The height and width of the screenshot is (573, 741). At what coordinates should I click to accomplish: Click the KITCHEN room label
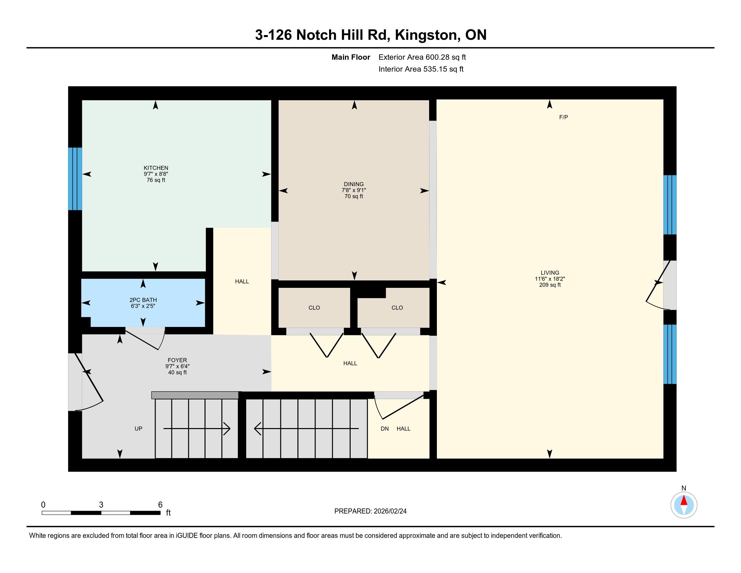pos(156,168)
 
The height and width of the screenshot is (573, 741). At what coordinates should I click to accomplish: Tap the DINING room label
pos(354,184)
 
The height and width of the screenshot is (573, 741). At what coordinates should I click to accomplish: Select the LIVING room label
pos(550,273)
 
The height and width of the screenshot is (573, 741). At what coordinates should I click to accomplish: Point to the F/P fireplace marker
pos(563,117)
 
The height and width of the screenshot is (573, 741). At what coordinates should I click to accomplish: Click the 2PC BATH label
pos(143,300)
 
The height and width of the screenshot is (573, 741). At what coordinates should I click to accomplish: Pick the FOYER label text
pos(177,360)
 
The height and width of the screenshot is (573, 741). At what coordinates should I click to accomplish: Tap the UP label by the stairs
pos(138,428)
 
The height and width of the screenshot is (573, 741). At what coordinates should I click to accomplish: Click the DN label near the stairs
pos(384,428)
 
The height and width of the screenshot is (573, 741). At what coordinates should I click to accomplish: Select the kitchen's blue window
pos(75,179)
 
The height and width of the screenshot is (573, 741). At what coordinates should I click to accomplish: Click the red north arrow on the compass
pos(684,501)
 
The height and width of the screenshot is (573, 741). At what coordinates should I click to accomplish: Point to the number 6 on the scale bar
pos(160,505)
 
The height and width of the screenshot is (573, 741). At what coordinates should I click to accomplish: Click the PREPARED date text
pos(370,511)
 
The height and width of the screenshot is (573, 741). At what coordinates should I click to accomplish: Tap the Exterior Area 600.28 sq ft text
pos(422,57)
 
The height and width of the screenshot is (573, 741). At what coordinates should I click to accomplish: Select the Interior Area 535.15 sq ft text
pos(421,69)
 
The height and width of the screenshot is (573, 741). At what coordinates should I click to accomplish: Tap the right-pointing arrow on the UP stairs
pos(197,428)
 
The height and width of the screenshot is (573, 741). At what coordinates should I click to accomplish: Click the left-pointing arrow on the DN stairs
pos(307,428)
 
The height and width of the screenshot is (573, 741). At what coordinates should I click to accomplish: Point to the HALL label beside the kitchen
pos(242,281)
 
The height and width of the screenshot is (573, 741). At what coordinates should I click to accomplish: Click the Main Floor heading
pos(351,57)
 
